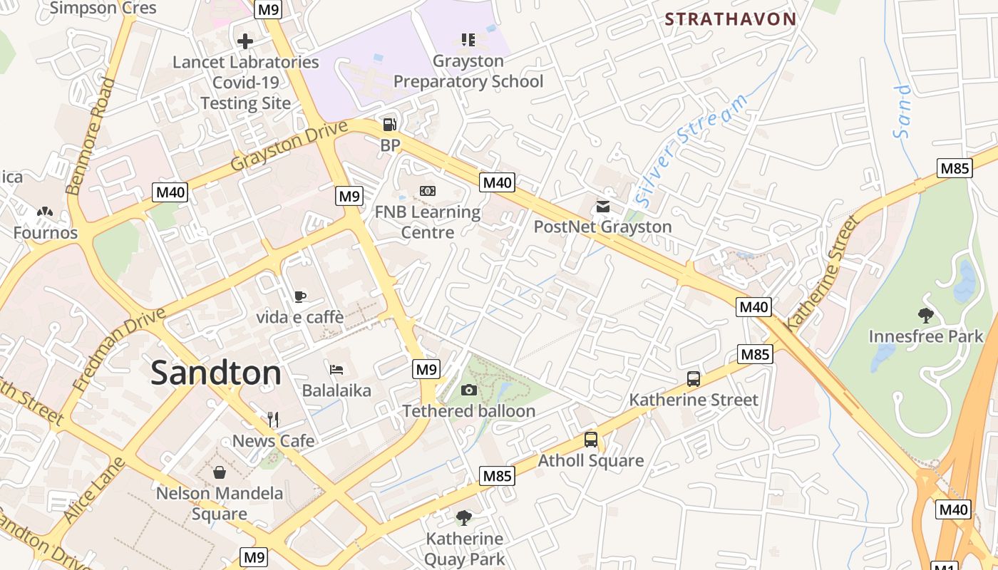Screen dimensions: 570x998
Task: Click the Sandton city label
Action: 216,373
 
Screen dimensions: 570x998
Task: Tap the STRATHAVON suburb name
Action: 730,19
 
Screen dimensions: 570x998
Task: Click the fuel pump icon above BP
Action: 389,124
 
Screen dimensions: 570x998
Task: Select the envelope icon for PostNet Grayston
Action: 603,207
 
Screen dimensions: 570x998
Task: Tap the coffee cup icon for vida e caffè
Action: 300,296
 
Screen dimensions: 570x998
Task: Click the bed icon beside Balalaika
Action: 336,369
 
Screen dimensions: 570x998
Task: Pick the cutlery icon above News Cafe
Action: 273,419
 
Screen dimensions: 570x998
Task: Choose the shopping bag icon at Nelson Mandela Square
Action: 219,472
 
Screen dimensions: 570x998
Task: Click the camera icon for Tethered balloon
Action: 468,390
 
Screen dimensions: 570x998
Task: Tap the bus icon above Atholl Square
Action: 590,439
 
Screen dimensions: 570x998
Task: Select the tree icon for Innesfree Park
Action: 925,315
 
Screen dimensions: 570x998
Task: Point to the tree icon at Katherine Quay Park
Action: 464,517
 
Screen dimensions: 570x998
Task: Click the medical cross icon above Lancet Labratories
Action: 245,41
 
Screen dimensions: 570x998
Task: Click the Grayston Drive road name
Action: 289,145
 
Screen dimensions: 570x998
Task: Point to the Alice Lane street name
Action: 93,491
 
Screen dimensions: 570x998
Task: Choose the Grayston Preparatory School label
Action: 468,71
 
